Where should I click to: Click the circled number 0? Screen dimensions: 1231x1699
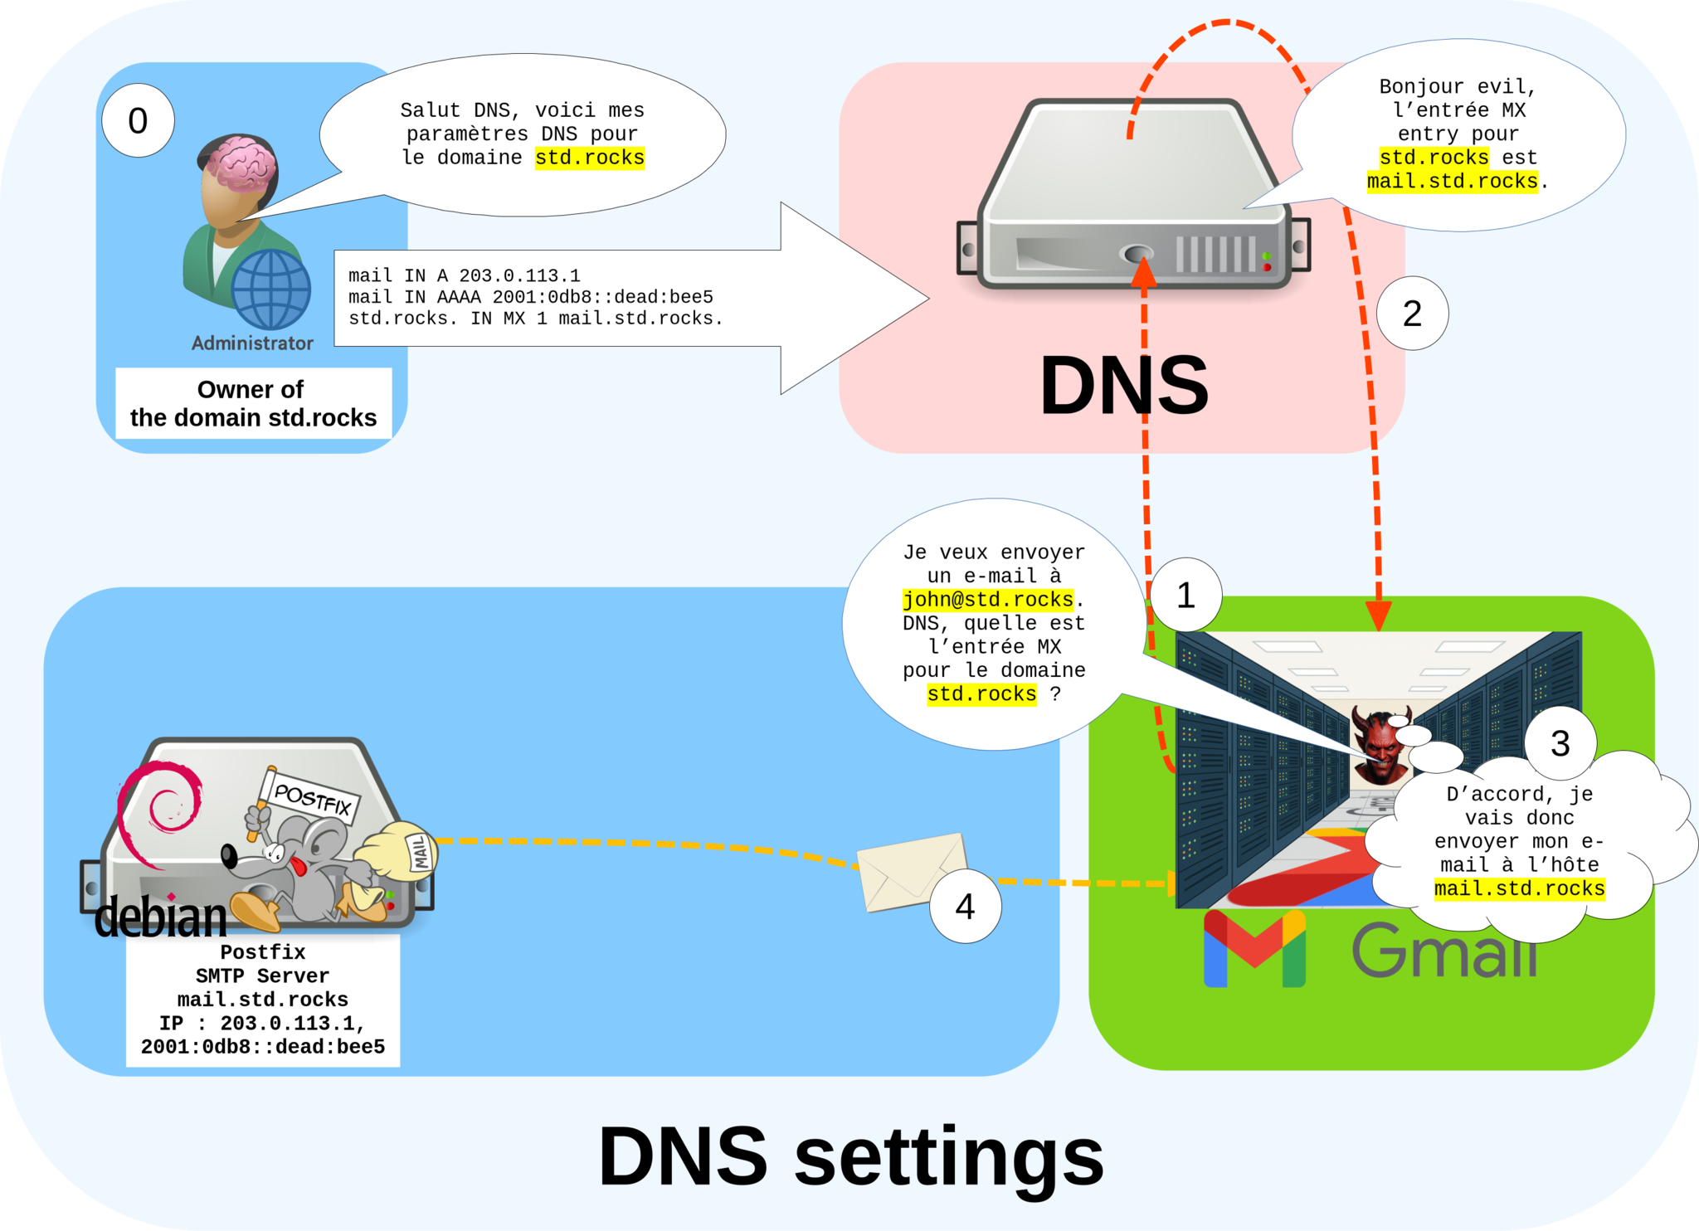pos(138,121)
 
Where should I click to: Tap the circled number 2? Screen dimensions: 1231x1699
pos(1412,314)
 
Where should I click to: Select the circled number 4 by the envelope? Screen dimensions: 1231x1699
pos(965,907)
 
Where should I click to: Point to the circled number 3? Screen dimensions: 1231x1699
pos(1560,743)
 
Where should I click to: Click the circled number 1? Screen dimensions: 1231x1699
pos(1185,595)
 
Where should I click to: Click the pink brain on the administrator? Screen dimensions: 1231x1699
pos(241,162)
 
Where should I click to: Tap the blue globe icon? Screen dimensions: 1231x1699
pos(270,290)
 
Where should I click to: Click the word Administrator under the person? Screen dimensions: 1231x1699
pos(252,343)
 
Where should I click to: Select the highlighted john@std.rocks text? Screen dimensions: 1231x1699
pos(988,599)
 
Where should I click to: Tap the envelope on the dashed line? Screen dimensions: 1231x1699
pos(910,871)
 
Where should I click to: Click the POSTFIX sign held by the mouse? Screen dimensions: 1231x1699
pos(311,799)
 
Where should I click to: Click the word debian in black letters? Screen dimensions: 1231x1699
pos(160,917)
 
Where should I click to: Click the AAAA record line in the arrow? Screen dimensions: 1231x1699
pos(530,297)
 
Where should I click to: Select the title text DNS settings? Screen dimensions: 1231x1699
pos(850,1156)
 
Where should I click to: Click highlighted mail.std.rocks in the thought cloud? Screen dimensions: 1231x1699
pos(1519,888)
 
